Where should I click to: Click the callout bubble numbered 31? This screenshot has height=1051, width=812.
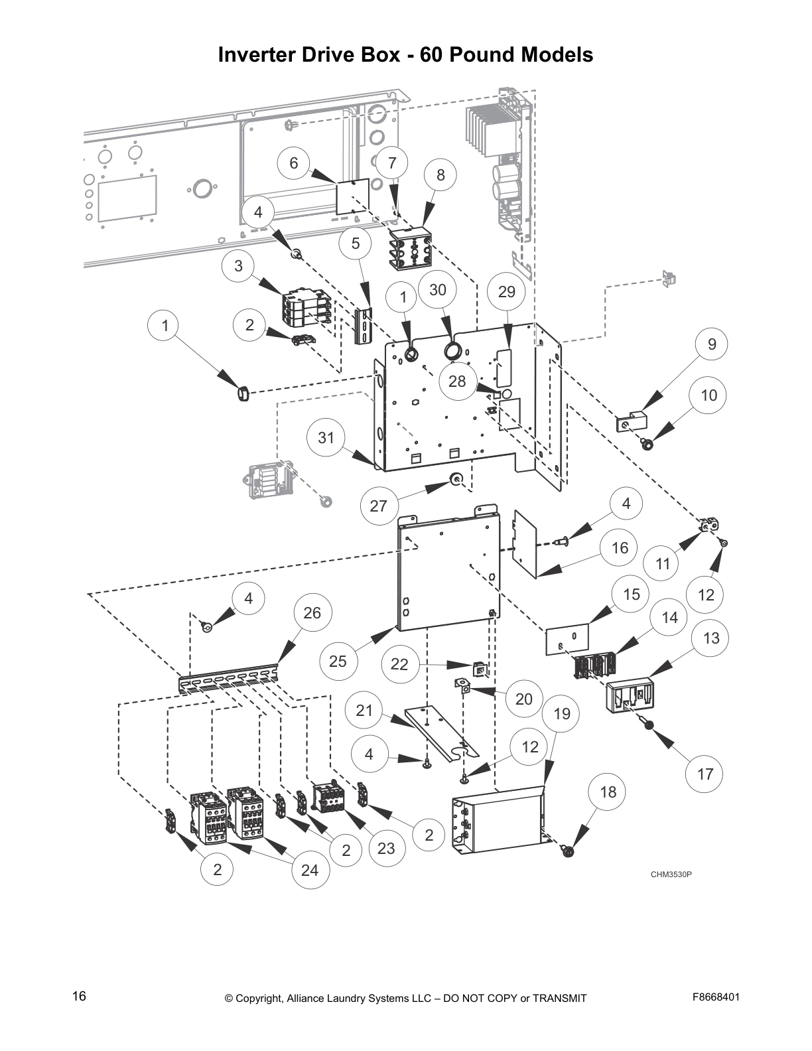[326, 438]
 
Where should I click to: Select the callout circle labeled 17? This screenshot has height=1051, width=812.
[705, 774]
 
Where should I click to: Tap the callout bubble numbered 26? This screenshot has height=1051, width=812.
[312, 612]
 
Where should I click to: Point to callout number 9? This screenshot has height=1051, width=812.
[712, 344]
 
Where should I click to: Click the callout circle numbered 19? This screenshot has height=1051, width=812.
[562, 714]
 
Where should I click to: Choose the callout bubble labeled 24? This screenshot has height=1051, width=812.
[310, 870]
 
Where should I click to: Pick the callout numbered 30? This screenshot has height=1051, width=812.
[438, 289]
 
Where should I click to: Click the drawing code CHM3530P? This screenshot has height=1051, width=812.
[671, 874]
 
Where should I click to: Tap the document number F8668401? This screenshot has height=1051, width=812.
[716, 997]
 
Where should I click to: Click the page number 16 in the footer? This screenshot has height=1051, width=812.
[79, 997]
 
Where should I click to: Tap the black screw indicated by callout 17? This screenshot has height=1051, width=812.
[651, 725]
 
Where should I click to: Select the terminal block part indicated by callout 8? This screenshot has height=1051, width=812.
[411, 248]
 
